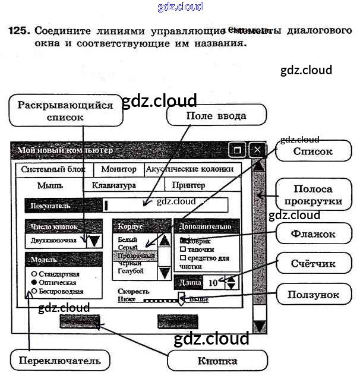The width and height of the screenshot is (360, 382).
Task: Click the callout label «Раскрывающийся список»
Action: (65, 111)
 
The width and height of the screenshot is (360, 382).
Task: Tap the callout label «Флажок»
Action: (313, 235)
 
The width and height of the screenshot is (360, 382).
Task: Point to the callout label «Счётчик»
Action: (313, 264)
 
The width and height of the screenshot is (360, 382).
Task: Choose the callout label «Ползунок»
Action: (313, 294)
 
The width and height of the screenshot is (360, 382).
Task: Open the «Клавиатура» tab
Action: (114, 185)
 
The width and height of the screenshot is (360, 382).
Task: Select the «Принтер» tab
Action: (188, 185)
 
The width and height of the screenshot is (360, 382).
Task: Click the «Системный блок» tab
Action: (53, 169)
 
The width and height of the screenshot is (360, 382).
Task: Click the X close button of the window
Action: (257, 150)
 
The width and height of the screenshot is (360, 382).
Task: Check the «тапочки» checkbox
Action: (184, 250)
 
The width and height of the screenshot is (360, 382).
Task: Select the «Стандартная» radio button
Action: (34, 274)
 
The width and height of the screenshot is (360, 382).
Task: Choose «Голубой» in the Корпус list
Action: (131, 271)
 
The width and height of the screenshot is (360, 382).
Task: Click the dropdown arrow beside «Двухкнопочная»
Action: (94, 241)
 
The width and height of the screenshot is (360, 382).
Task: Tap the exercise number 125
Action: (18, 29)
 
